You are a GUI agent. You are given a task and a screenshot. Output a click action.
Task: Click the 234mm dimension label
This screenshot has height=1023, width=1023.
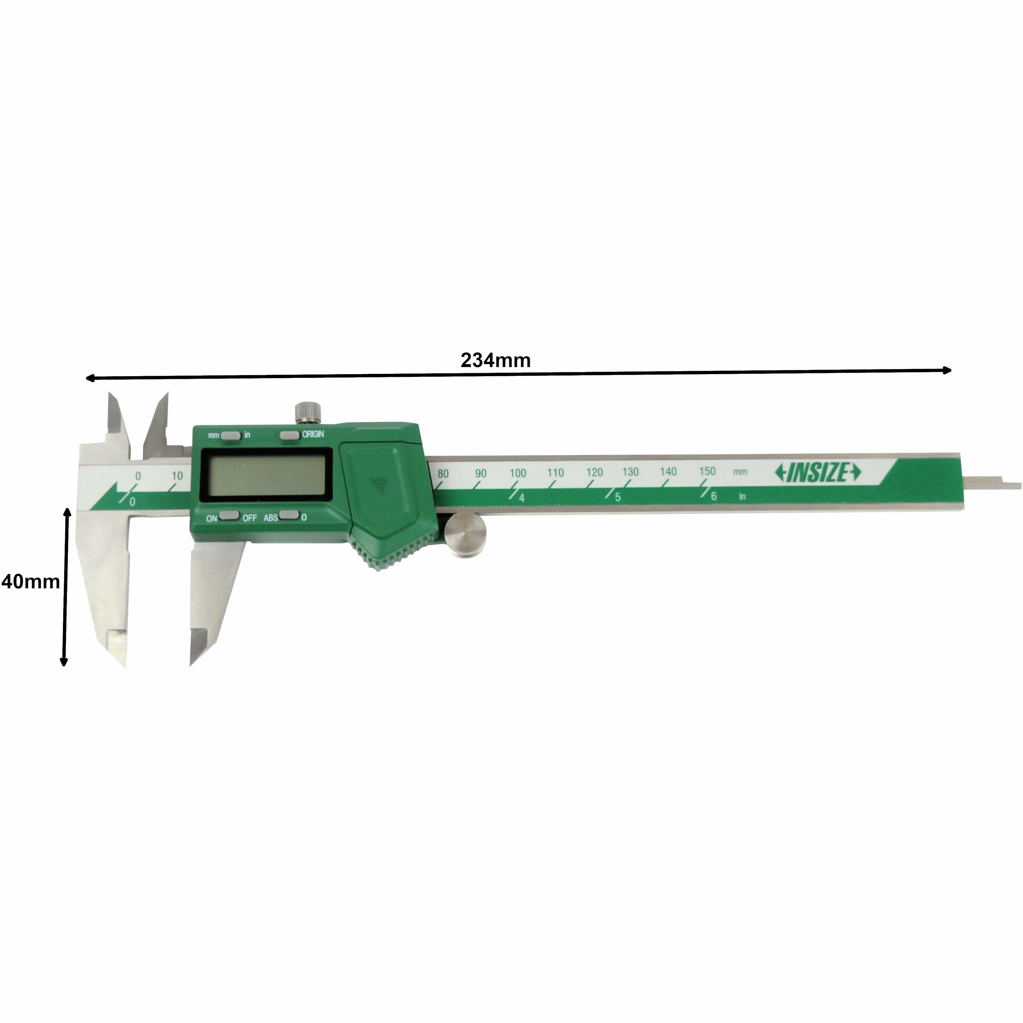point(495,360)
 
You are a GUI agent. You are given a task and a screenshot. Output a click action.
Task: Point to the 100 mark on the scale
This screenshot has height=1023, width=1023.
point(518,473)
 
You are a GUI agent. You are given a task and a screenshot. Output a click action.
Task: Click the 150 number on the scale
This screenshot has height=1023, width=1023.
point(707,471)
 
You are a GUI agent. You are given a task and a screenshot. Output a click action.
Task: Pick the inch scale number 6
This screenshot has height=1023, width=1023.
point(714,496)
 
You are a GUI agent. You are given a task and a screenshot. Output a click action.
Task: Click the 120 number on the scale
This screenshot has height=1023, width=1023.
point(594,472)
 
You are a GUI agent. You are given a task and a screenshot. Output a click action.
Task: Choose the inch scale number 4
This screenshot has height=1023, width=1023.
point(522,498)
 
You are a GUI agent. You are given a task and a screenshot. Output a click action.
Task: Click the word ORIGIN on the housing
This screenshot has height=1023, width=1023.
point(313,434)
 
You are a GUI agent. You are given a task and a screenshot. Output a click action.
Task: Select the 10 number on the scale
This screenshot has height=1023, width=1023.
point(177,475)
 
